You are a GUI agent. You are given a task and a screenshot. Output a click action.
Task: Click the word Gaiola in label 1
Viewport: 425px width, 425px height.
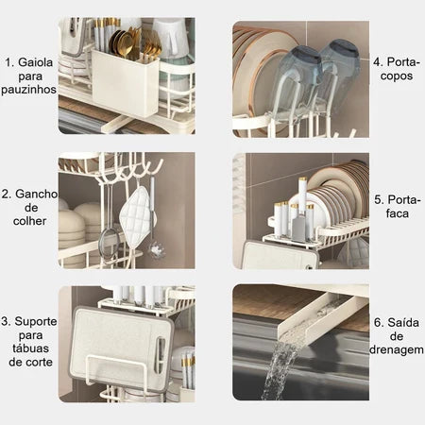click(x=35, y=62)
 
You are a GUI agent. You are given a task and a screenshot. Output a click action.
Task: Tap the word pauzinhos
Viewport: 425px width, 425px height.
click(x=28, y=90)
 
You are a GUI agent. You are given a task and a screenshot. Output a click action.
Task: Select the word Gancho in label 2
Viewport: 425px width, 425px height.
click(x=36, y=194)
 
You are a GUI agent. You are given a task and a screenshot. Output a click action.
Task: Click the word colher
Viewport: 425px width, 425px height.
click(x=29, y=221)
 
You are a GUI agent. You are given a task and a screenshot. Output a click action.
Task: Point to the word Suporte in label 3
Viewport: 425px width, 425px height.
click(x=36, y=322)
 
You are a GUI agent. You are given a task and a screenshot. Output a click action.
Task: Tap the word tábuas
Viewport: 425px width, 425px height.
click(x=30, y=348)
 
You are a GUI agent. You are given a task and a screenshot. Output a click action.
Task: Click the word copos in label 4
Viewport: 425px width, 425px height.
click(x=397, y=76)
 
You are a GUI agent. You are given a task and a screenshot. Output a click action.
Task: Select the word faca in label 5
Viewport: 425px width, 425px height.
click(x=398, y=213)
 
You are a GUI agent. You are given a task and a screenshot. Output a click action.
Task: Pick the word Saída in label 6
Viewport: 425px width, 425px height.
click(x=403, y=323)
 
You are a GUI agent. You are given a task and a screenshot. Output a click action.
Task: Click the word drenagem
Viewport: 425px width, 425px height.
click(x=397, y=350)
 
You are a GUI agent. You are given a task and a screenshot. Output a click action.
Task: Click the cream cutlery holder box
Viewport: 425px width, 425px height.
click(x=125, y=82)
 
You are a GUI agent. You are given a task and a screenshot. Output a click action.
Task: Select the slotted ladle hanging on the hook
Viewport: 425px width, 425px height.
click(x=155, y=248)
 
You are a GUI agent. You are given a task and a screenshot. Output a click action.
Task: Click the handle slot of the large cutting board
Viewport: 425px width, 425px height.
click(x=160, y=355)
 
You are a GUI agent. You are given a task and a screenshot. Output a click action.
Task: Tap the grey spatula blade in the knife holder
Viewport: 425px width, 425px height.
click(x=298, y=228)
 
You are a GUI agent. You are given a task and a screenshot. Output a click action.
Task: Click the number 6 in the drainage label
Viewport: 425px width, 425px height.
click(x=378, y=323)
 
